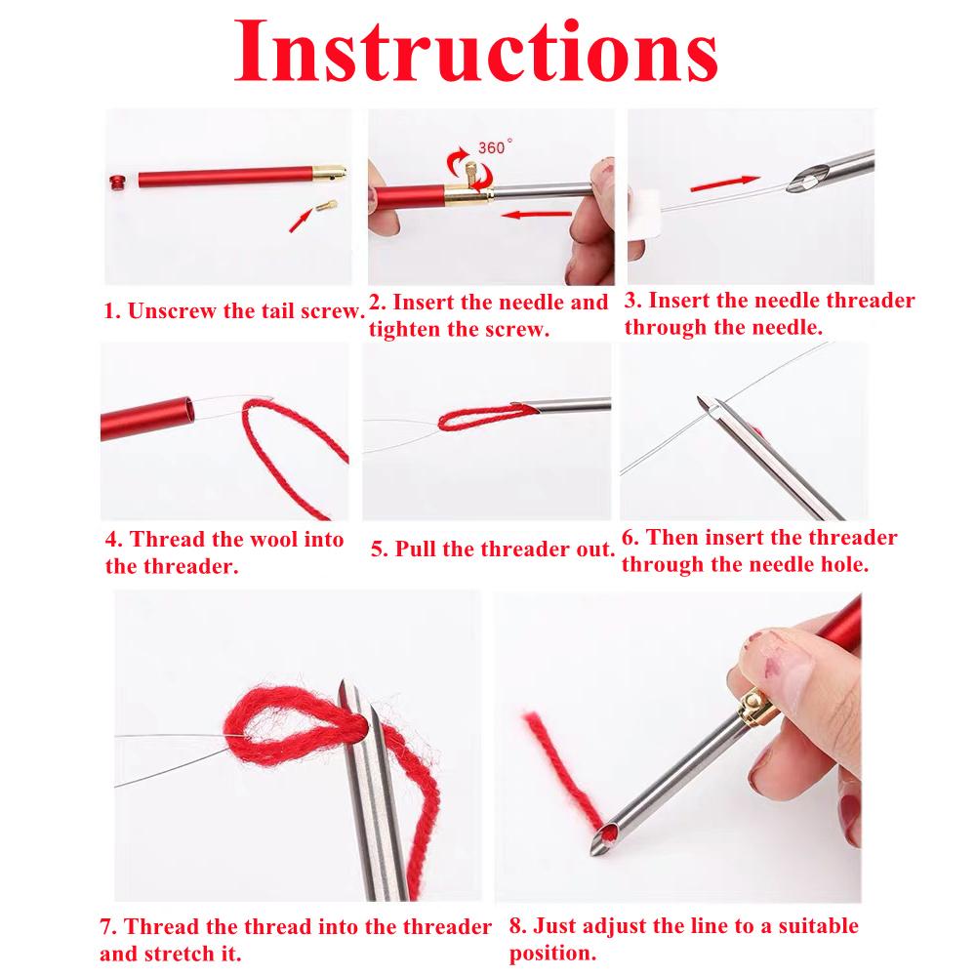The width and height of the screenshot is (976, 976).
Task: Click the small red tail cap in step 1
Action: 116,182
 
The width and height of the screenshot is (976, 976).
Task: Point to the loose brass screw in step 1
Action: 326,205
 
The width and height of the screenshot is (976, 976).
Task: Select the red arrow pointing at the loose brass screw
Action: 301,221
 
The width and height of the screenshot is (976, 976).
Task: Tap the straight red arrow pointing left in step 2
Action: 536,215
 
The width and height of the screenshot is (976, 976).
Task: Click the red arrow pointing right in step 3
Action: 725,183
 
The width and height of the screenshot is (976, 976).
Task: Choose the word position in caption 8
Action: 552,954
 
